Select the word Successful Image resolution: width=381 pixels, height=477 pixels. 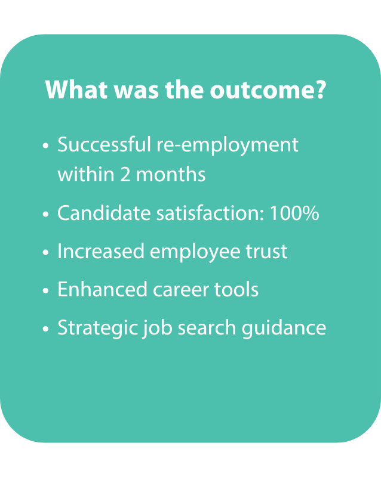tap(104, 144)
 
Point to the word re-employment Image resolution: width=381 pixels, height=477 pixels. tap(227, 146)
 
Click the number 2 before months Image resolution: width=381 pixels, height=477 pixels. tap(125, 175)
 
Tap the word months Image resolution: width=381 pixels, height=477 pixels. tap(171, 174)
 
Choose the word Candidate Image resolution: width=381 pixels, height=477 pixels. tap(104, 213)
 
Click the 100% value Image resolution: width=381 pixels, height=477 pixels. tap(294, 213)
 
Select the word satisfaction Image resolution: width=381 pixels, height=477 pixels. tap(210, 213)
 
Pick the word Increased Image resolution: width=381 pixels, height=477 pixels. tap(101, 251)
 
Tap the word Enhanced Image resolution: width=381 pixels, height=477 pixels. tap(102, 289)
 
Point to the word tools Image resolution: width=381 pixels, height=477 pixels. tap(236, 289)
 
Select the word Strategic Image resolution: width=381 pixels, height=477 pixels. tap(97, 329)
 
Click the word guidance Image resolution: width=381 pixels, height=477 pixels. tap(284, 329)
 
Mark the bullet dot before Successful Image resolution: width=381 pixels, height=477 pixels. tap(46, 145)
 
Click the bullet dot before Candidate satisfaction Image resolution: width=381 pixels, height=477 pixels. tap(46, 214)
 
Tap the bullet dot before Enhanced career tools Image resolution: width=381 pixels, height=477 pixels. tap(46, 290)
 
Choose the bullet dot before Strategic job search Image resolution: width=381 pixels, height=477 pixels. tap(46, 329)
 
